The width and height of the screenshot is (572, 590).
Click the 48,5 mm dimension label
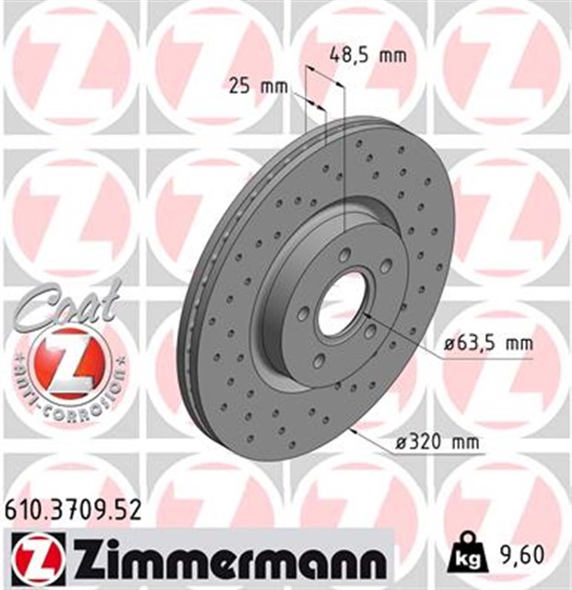point(368,55)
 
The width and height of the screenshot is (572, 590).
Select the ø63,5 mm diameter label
point(487,343)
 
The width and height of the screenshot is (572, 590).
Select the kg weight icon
point(464,556)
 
